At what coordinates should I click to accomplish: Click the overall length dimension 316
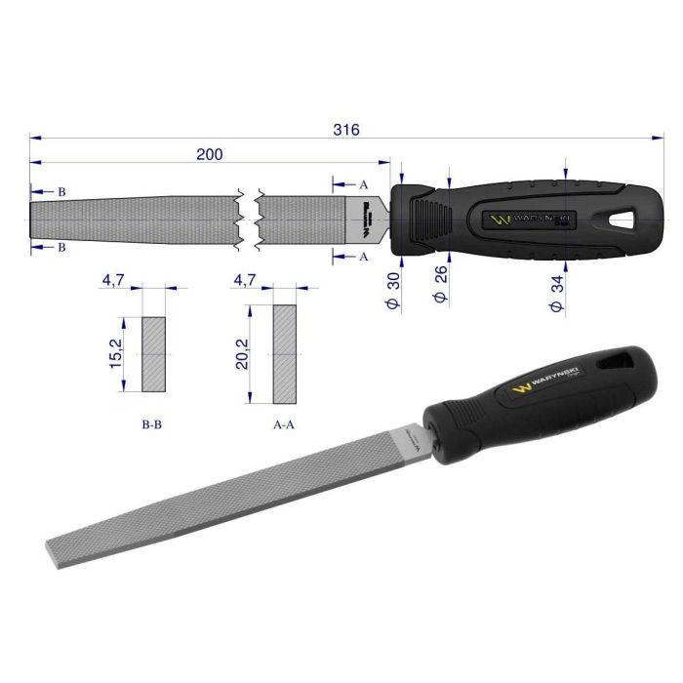pos(346,129)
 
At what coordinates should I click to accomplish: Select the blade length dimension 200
pos(209,154)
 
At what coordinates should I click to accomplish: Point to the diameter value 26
pos(440,276)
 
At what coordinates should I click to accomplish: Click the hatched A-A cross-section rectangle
pos(285,354)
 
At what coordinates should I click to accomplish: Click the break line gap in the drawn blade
pos(248,217)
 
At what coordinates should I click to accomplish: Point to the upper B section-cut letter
pos(61,192)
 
